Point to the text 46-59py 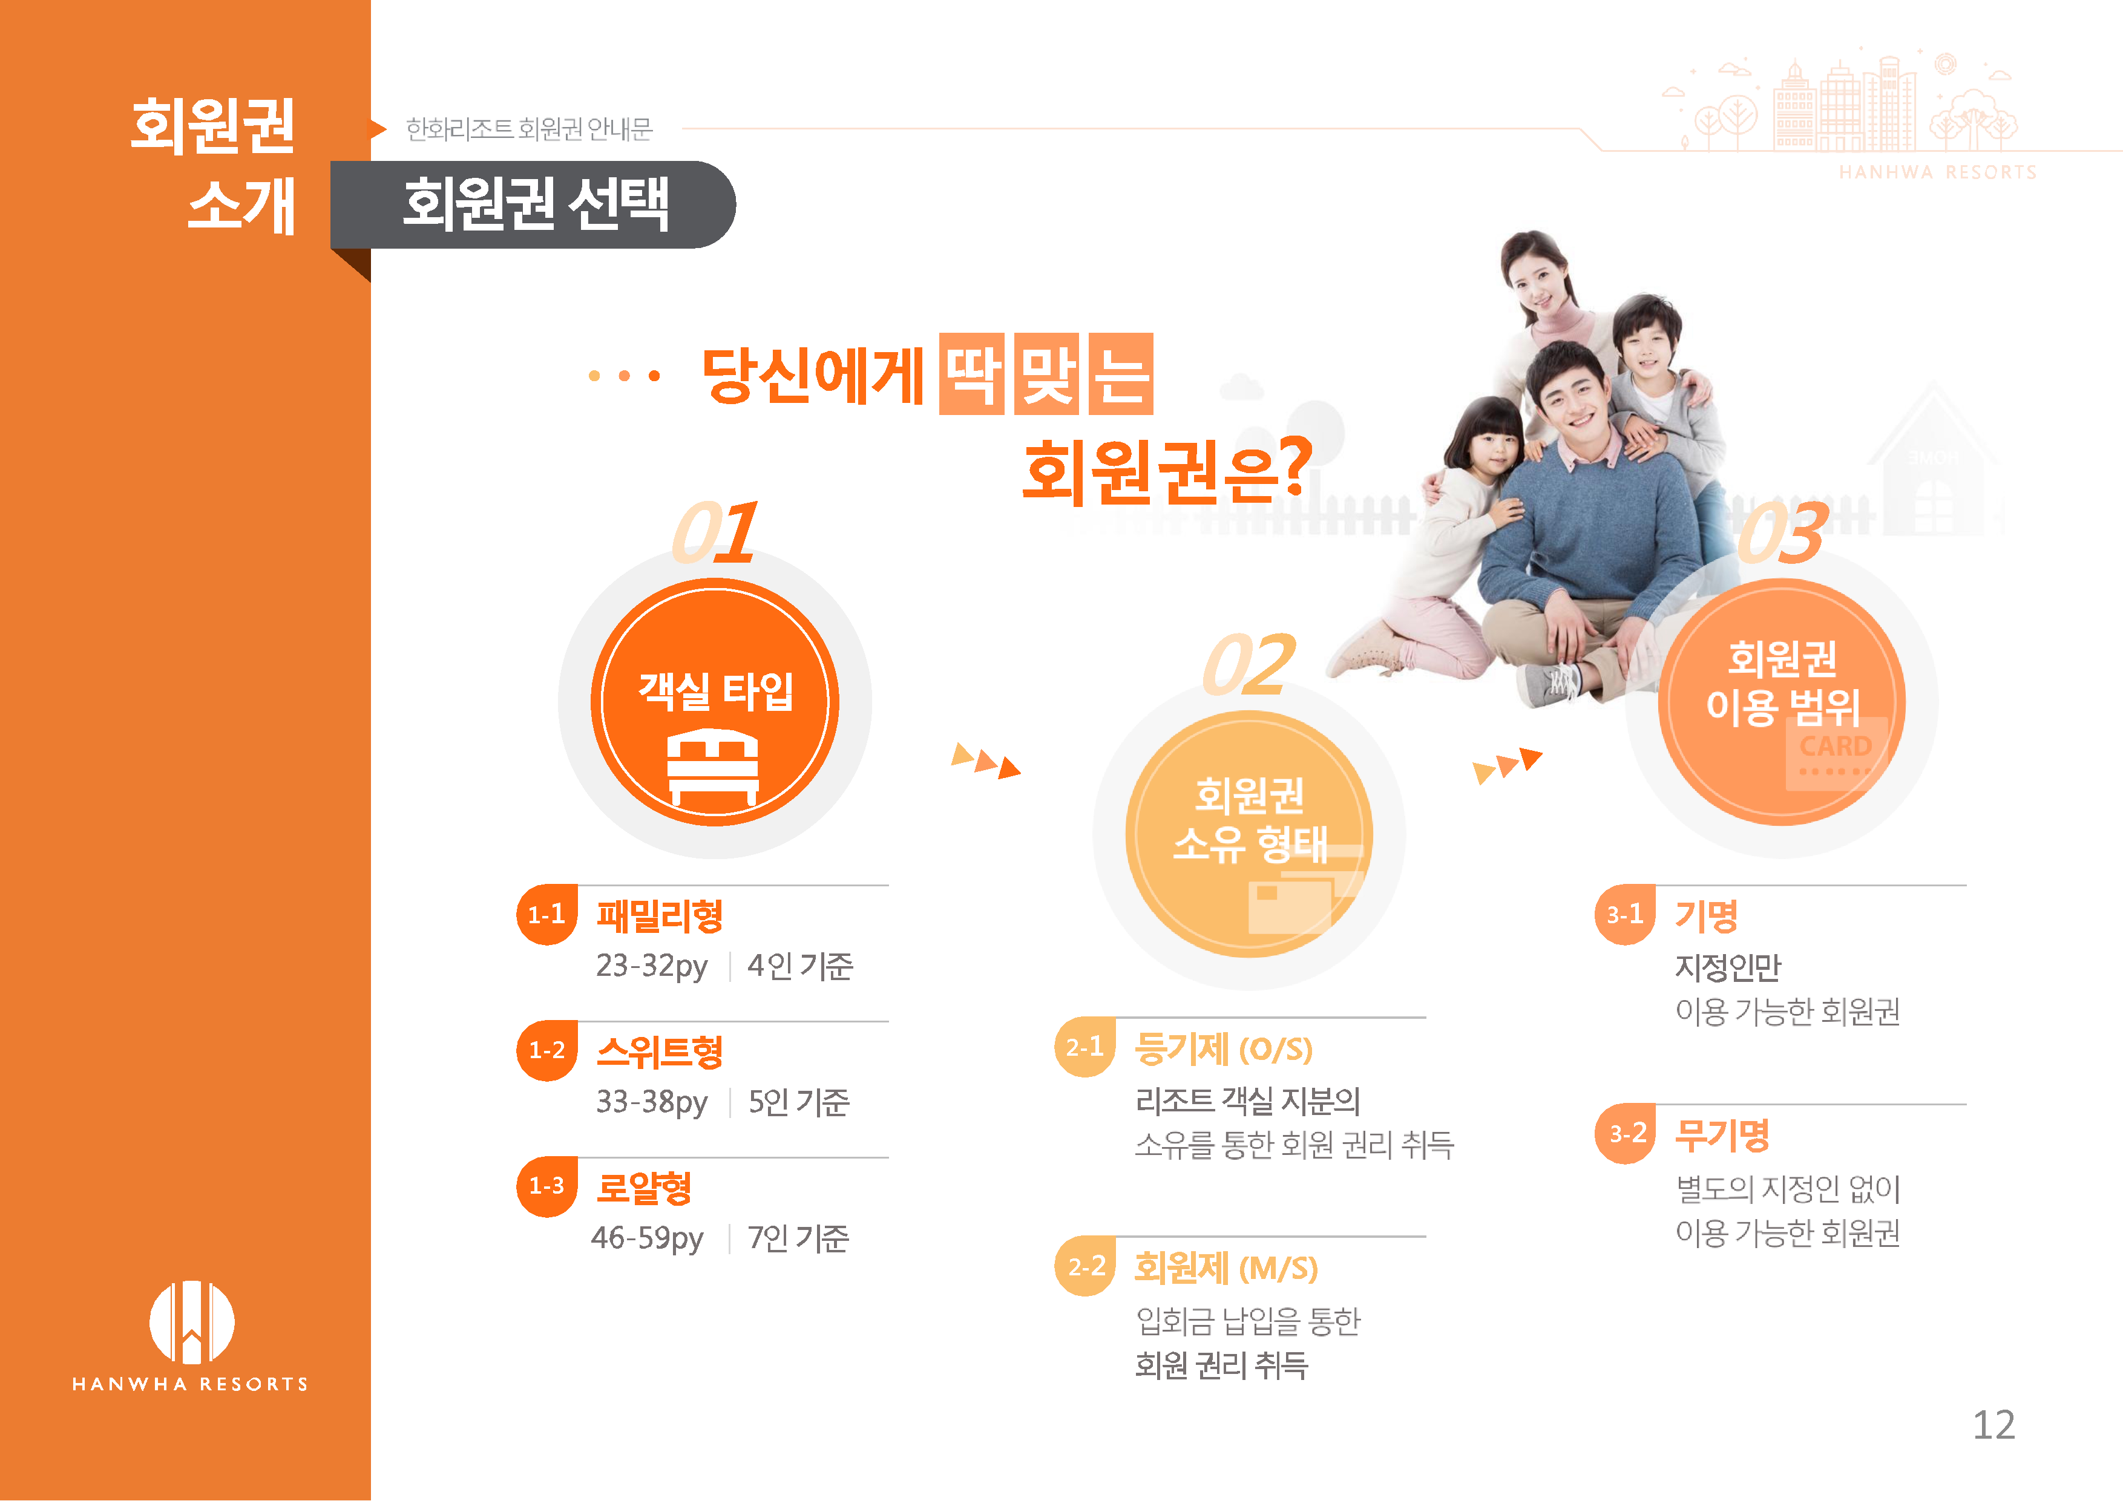[x=648, y=1238]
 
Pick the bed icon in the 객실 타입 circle [x=713, y=766]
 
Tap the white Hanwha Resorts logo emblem [x=191, y=1322]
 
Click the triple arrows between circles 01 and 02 [x=986, y=760]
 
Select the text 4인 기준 [x=800, y=966]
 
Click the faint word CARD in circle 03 [x=1836, y=746]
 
